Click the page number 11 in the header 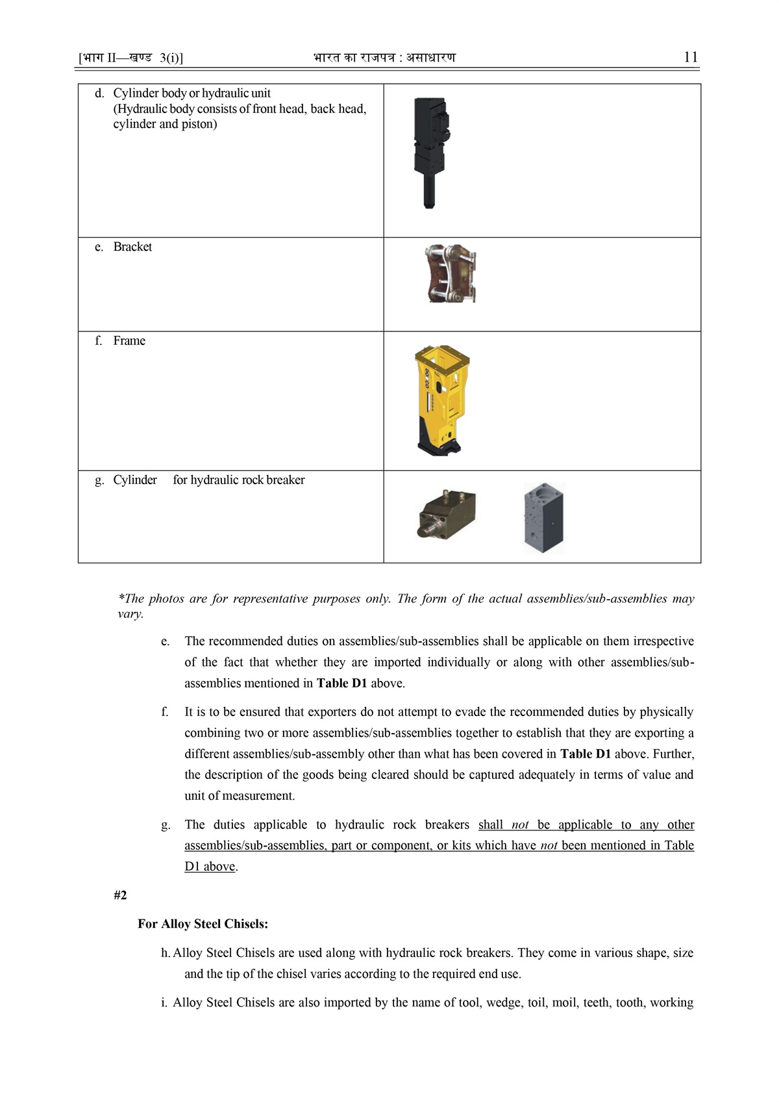691,57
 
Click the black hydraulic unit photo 430,153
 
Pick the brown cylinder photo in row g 447,513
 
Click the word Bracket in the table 132,247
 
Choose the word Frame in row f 129,341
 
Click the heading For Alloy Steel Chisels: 203,924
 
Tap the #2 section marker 120,895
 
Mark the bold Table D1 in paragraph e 342,684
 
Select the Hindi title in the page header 384,58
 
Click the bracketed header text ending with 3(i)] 131,58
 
